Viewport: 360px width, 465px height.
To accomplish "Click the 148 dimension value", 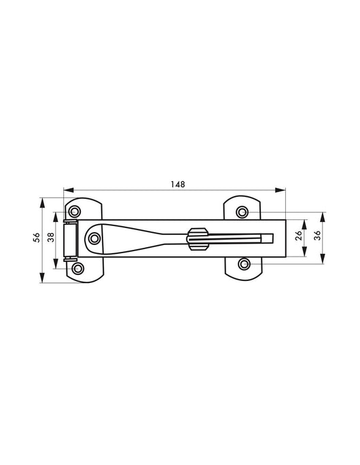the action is tap(178, 185).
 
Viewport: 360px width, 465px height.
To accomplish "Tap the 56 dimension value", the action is tap(37, 238).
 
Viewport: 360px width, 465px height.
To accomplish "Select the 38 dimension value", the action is tap(51, 237).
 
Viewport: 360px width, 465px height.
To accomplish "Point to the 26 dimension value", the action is tap(299, 235).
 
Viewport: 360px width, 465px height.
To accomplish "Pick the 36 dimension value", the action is tap(317, 235).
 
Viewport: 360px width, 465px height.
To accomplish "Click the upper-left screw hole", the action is tap(74, 212).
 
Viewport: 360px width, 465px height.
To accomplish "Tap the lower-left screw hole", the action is tap(78, 268).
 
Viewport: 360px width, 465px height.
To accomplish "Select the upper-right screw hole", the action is tap(242, 212).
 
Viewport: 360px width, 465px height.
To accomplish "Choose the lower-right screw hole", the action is tap(245, 263).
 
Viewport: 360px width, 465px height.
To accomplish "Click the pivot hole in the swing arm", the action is tap(94, 238).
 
